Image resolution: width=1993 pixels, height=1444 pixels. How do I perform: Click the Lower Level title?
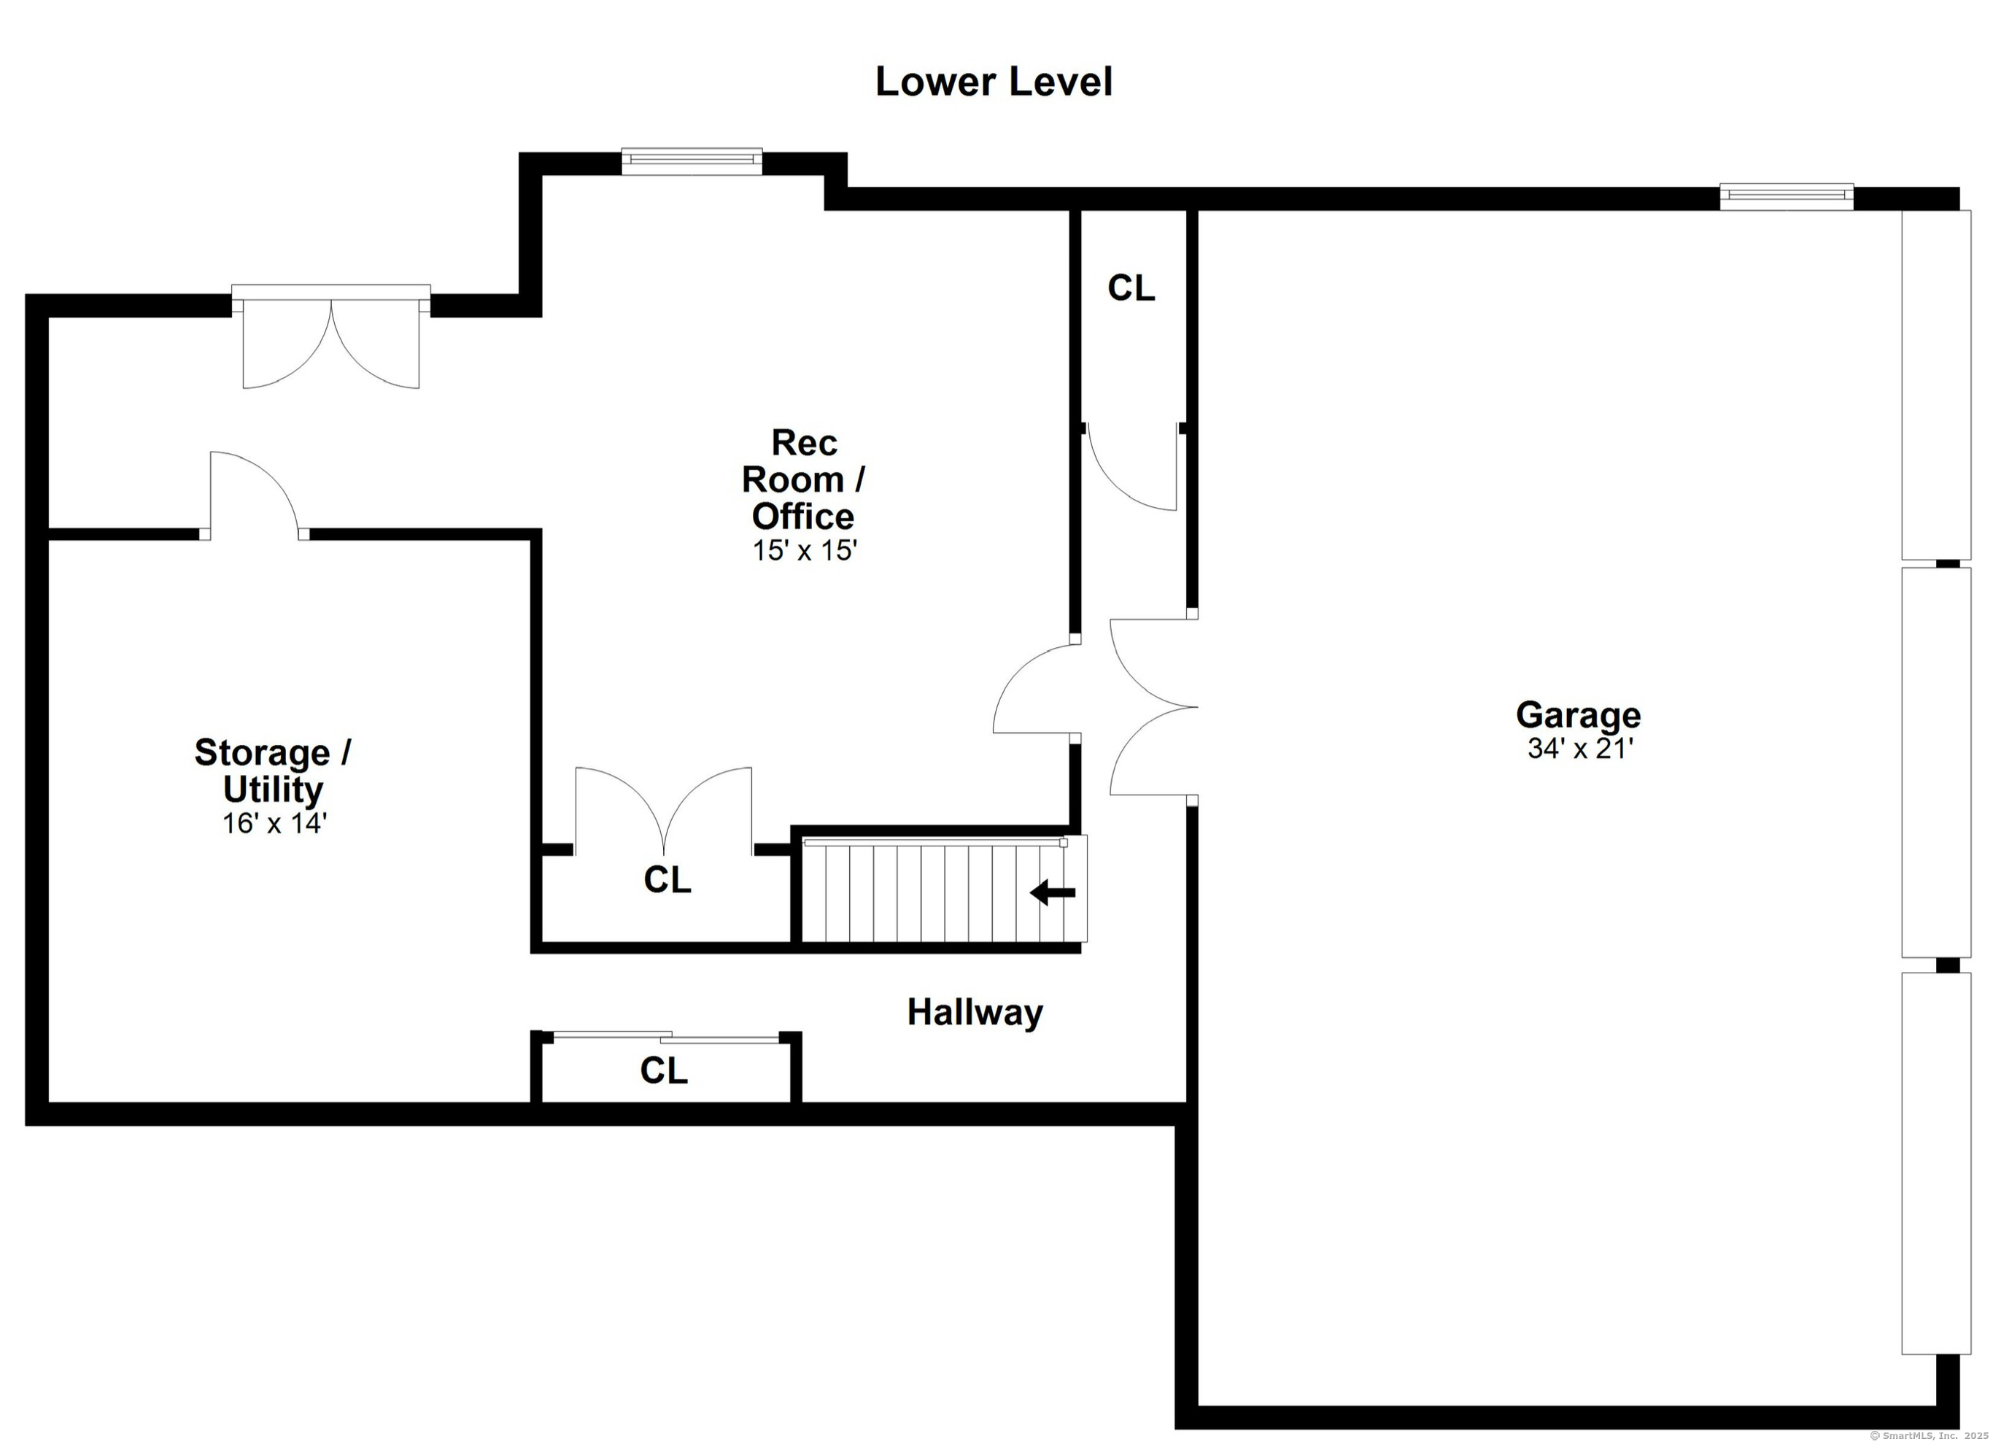(994, 82)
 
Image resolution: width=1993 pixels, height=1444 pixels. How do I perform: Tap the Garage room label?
(1578, 715)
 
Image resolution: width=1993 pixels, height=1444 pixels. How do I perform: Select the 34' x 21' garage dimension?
(1580, 748)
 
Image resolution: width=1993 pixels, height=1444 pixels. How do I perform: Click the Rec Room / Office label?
(803, 479)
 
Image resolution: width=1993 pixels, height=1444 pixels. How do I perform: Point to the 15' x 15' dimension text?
(804, 550)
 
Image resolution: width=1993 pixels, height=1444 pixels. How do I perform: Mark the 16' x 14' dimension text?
(274, 824)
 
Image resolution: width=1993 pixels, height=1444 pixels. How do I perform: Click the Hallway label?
(975, 1013)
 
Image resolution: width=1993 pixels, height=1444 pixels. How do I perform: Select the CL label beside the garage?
(1131, 288)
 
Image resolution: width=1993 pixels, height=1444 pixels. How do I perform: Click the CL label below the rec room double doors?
(667, 880)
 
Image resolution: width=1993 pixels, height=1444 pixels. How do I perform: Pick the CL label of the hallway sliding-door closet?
(663, 1070)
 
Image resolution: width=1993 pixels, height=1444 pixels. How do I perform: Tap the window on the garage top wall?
(1787, 196)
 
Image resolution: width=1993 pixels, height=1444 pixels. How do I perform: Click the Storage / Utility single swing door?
(255, 495)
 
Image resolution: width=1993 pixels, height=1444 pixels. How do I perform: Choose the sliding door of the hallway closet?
(666, 1037)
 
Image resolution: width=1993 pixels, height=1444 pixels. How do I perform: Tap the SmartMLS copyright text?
(1928, 1435)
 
